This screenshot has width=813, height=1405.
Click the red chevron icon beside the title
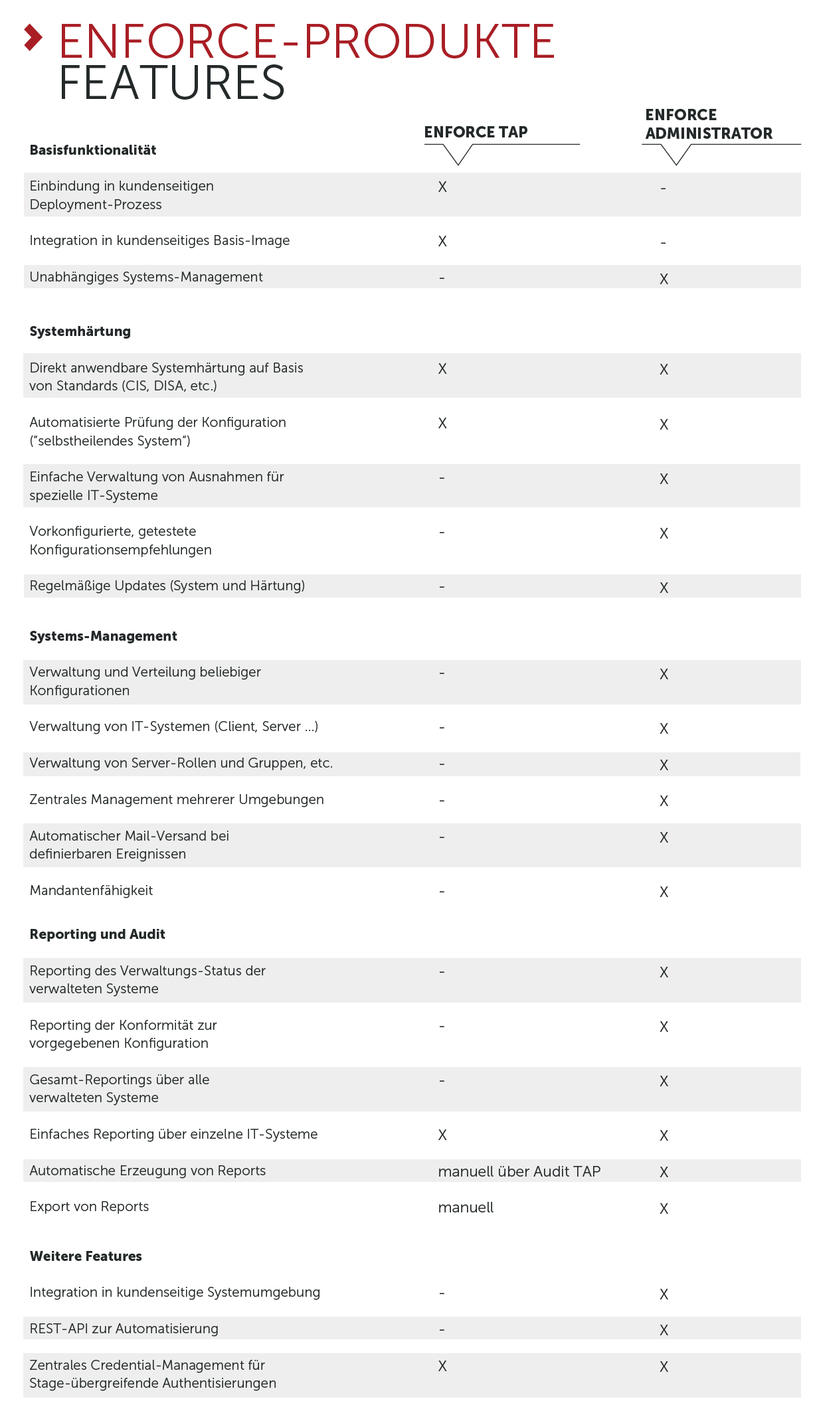coord(33,38)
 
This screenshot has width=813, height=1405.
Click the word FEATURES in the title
coord(171,83)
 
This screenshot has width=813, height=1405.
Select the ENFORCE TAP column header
coord(476,132)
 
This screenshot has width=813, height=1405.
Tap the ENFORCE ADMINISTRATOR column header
coord(708,124)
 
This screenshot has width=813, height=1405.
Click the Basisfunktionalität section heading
coord(93,150)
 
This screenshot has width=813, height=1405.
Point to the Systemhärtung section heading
coord(80,331)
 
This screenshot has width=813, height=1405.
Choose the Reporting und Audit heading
coord(97,934)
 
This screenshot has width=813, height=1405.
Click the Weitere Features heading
coord(86,1256)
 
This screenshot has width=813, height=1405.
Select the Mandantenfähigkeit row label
coord(91,890)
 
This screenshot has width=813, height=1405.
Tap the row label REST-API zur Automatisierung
coord(124,1329)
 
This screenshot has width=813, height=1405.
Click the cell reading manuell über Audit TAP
coord(519,1171)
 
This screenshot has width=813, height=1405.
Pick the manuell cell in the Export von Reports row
coord(466,1207)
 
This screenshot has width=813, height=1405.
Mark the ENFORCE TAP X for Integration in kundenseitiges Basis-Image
coord(442,241)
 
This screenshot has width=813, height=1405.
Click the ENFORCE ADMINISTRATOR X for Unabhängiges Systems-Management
coord(664,279)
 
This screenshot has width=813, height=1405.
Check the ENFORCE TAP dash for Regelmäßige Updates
coord(442,586)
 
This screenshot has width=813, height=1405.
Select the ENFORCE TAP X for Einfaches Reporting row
coord(442,1135)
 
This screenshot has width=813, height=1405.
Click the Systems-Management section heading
coord(103,636)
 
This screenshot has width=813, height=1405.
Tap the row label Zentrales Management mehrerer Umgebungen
coord(177,799)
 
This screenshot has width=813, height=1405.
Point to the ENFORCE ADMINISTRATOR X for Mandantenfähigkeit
coord(664,892)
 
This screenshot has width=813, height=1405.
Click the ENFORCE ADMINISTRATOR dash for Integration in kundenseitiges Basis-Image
coord(663,242)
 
